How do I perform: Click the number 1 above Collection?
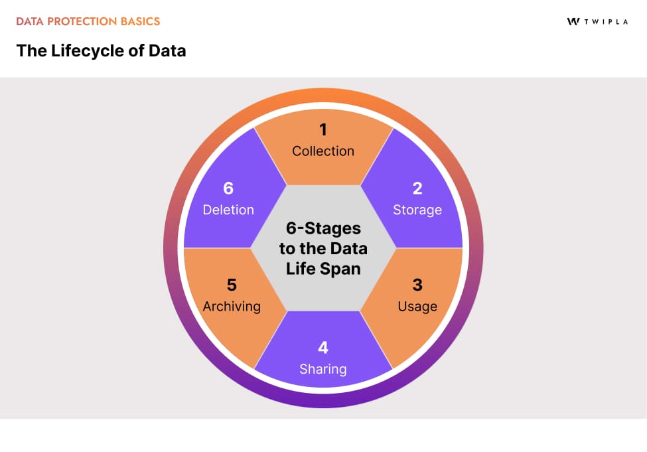pos(323,130)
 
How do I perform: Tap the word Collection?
pos(323,151)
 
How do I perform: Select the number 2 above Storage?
pos(417,188)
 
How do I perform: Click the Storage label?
pos(417,210)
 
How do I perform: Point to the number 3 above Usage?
pos(417,285)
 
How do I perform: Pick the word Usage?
pos(417,306)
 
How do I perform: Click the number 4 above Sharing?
pos(323,348)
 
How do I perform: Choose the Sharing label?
pos(323,369)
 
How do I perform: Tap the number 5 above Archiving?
pos(231,285)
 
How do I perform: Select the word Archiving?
pos(232,306)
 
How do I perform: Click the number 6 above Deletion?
pos(228,188)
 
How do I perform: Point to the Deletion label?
pos(228,210)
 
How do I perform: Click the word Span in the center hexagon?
pos(346,269)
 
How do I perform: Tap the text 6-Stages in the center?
pos(323,228)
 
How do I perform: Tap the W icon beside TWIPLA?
pos(573,21)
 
